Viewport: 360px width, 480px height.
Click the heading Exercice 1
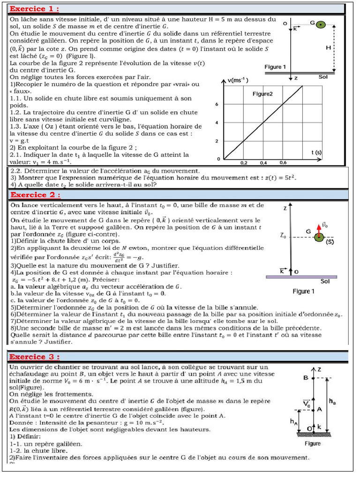click(35, 9)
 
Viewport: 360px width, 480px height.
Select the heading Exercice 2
click(35, 195)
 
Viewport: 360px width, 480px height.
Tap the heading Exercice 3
click(35, 357)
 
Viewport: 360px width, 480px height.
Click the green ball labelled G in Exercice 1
click(320, 24)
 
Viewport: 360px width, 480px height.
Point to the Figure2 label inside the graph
click(262, 94)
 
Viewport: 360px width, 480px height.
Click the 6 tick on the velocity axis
click(217, 105)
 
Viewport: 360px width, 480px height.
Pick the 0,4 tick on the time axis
click(263, 163)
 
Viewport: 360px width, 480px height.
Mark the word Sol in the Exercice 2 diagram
click(325, 281)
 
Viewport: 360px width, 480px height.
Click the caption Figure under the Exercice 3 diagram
click(312, 443)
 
